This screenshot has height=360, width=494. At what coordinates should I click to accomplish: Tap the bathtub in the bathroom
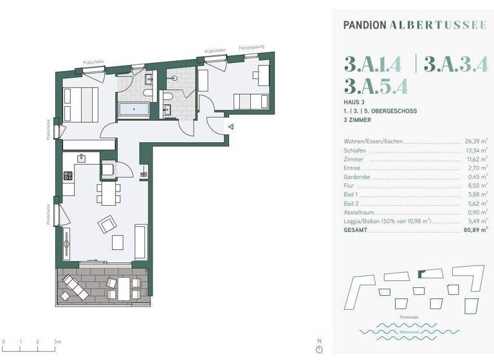coord(134,109)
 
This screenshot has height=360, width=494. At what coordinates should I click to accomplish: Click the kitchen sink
coord(82,157)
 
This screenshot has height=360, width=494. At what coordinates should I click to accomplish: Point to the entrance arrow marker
coord(230,127)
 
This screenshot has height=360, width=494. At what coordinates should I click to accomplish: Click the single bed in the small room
coord(250,101)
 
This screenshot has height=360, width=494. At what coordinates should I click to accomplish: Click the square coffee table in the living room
coord(118,242)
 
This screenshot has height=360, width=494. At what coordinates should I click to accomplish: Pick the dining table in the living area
coord(107,192)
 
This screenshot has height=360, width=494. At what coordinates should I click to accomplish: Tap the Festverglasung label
coord(251,48)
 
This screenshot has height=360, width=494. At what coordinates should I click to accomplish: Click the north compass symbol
coord(319,349)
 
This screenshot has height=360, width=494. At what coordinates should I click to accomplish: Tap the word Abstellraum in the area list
coord(359,212)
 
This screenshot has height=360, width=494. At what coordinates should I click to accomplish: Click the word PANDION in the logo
coord(365,26)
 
